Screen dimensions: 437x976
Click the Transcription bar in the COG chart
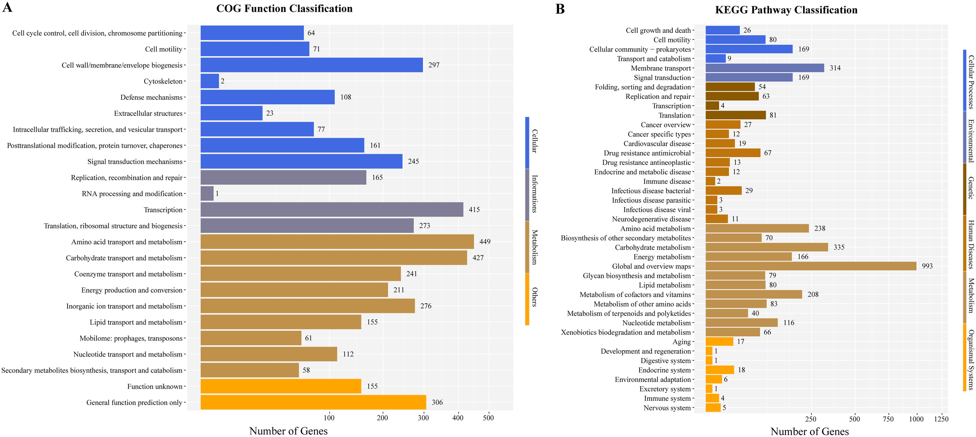click(332, 210)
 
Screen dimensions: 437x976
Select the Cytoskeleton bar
click(210, 81)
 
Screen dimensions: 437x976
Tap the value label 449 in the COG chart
click(485, 242)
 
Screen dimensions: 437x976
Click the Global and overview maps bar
click(811, 266)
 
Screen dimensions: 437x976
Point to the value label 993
click(927, 266)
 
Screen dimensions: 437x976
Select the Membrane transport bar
click(765, 68)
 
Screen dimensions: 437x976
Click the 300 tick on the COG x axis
click(423, 418)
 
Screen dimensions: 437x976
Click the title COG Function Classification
click(284, 9)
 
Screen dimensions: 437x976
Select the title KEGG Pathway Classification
click(786, 10)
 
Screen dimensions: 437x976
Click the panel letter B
click(560, 9)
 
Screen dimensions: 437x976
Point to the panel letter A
click(7, 7)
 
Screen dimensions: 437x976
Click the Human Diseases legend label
click(971, 244)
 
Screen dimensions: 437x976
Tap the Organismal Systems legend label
click(971, 360)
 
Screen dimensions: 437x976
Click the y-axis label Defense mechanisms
click(151, 97)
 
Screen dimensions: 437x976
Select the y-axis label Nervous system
click(667, 408)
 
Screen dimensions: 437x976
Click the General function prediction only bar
click(313, 402)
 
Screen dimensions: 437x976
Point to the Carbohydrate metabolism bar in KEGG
click(767, 247)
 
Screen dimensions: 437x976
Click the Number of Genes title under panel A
click(289, 431)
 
